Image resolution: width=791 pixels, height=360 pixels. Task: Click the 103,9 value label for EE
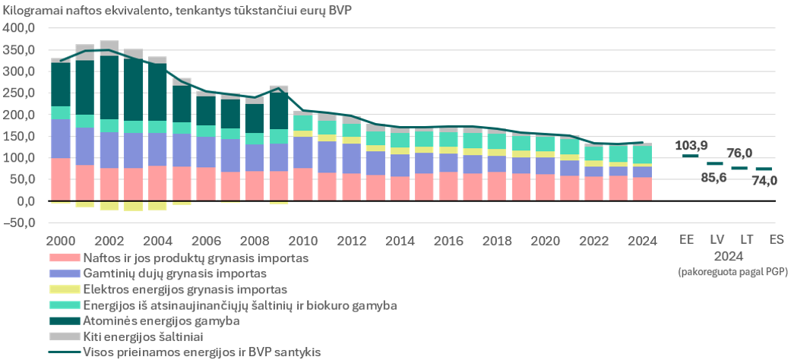pos(691,146)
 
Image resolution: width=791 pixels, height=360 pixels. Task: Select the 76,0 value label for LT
pos(740,153)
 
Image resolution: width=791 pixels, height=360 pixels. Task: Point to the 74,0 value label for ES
pos(764,181)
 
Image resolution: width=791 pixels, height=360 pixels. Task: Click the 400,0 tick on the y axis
pos(17,28)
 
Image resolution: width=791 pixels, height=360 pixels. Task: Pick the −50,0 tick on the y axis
pos(17,223)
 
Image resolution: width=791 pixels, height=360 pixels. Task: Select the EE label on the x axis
pos(687,239)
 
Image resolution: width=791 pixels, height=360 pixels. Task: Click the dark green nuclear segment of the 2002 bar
pos(109,88)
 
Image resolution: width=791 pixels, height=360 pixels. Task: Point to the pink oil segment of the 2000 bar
pos(61,179)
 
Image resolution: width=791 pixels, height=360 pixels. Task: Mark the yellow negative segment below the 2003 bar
pos(133,206)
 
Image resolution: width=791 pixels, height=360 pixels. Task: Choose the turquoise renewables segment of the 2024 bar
pos(641,155)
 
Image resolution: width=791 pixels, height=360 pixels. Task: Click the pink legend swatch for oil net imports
pos(65,257)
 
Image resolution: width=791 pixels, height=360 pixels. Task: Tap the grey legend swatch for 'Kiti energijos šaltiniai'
pos(65,336)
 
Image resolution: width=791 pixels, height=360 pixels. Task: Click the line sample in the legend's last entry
pos(65,352)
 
